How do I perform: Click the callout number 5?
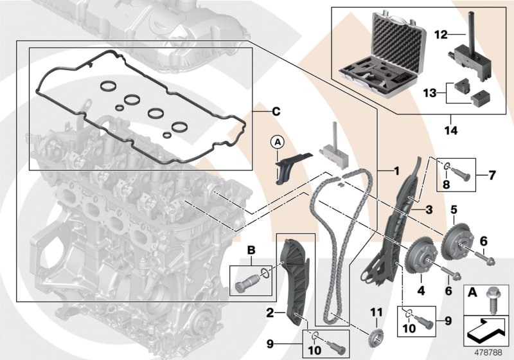454,209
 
